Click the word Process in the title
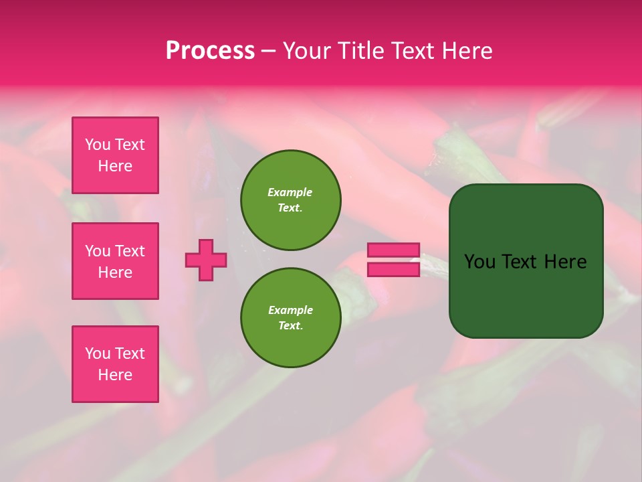click(210, 51)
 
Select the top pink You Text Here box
click(115, 155)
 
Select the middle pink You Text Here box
click(115, 261)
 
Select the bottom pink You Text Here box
click(115, 364)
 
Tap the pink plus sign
click(206, 260)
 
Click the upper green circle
click(291, 200)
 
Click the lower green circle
click(291, 318)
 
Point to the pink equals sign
click(393, 260)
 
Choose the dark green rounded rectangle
click(526, 261)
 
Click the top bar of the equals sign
click(393, 250)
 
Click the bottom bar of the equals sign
click(393, 269)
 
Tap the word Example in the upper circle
click(290, 192)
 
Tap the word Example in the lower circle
click(290, 310)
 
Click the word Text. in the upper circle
click(290, 208)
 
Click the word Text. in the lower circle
click(290, 325)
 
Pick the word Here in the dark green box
click(565, 262)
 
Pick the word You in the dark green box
click(480, 262)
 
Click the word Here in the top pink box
click(115, 166)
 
